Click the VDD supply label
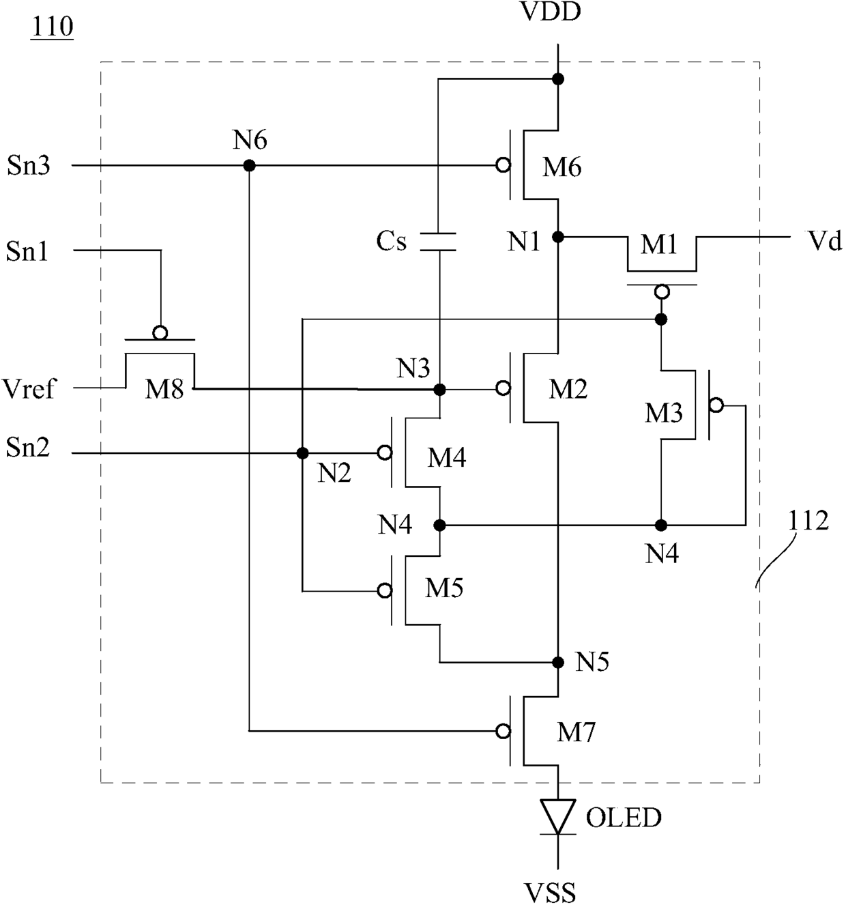pos(551,12)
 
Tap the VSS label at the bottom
pos(550,893)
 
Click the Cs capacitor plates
pos(438,242)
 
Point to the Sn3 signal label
pos(28,165)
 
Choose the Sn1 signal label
pos(27,252)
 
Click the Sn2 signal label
pos(27,448)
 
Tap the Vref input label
pos(28,389)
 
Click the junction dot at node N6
pos(249,165)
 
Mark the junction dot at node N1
pos(558,237)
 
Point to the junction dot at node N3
pos(439,390)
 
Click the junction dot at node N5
pos(558,662)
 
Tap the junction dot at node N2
pos(302,453)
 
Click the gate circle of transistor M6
pos(503,165)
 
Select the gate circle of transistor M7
pos(503,731)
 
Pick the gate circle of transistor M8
pos(160,333)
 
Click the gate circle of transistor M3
pos(716,405)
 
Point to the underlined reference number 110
pos(52,27)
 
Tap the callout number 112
pos(808,521)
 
